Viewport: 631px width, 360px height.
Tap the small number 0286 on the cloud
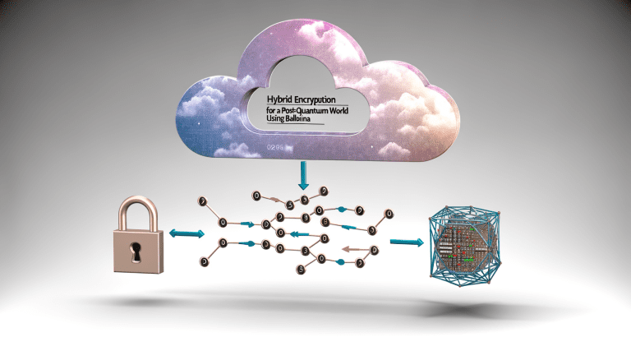tap(274, 150)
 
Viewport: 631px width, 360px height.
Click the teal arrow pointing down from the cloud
tap(302, 173)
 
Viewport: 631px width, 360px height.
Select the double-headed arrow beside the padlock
tap(185, 234)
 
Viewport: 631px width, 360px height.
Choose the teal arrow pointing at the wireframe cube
tap(406, 242)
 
